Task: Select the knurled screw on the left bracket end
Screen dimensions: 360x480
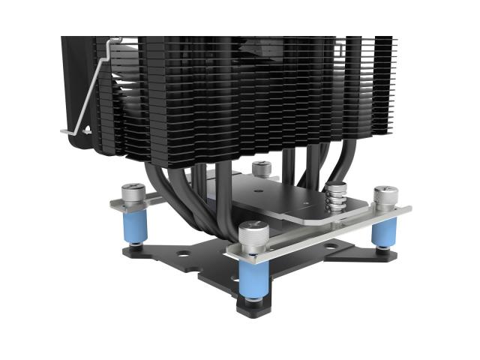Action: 133,196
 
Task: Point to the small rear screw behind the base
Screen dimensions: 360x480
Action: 261,169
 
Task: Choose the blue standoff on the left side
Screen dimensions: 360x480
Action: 135,229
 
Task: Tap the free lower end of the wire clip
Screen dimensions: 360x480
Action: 66,131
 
